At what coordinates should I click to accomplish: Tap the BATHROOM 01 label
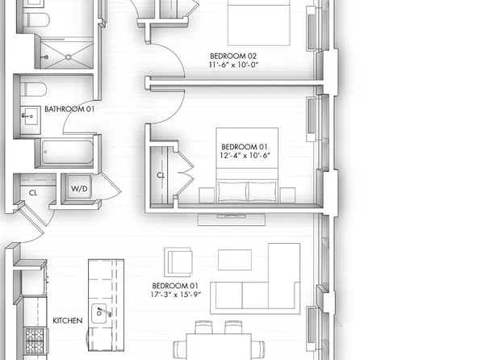69,108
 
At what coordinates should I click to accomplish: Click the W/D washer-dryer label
80,189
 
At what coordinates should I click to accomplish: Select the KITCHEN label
67,320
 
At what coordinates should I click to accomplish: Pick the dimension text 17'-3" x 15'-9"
175,295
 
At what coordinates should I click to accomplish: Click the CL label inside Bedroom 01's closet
160,174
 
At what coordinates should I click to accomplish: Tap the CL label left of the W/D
33,193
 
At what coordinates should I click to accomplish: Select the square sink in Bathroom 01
29,116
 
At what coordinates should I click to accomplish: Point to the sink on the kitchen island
102,312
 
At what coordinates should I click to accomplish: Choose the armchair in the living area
178,262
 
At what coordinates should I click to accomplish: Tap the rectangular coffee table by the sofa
235,259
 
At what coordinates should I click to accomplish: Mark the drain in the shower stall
67,57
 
